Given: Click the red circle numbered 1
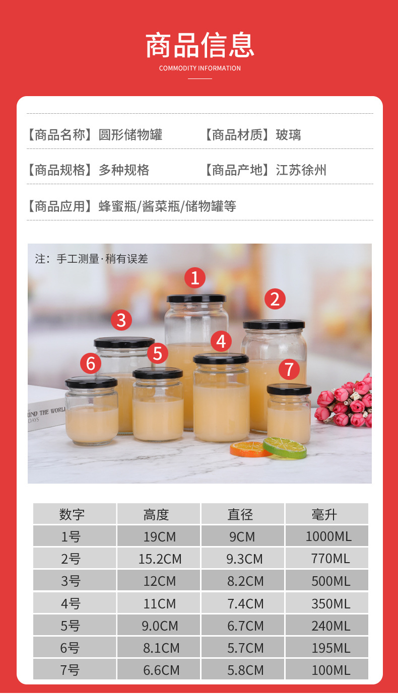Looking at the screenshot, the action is click(x=195, y=277).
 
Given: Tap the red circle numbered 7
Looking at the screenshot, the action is click(x=289, y=369).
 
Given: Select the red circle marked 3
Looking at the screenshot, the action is click(x=121, y=320).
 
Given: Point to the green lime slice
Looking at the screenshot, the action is click(x=285, y=447).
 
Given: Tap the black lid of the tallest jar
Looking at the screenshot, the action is click(x=196, y=298).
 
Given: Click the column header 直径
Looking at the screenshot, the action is click(x=240, y=514).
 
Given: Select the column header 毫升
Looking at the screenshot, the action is click(x=324, y=514).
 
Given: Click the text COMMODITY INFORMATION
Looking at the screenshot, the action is click(x=200, y=68).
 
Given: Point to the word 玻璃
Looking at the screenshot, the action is click(x=288, y=135).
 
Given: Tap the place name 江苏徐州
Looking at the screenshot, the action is click(x=301, y=170).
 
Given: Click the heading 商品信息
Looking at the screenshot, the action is click(x=200, y=45).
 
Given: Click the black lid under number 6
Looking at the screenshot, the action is click(x=91, y=382).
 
